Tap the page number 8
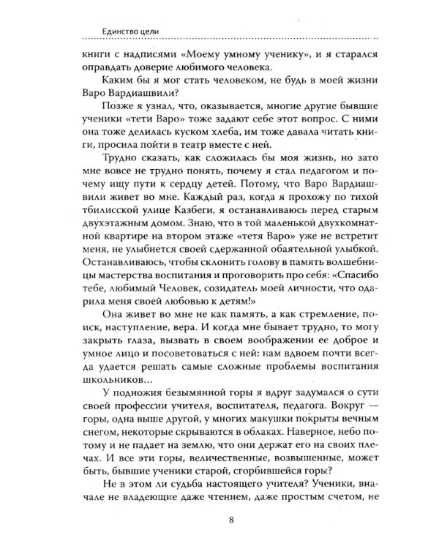[x=220, y=520]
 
